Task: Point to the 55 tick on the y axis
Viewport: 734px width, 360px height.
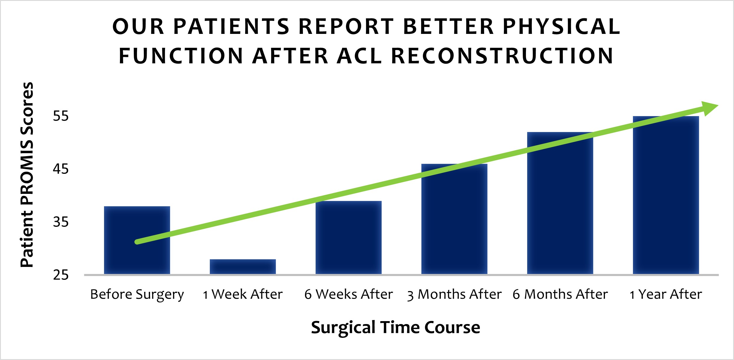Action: [61, 116]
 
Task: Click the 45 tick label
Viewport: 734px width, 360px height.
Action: [61, 169]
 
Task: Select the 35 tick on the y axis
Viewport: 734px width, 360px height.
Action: [61, 222]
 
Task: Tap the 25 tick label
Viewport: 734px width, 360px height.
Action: [61, 275]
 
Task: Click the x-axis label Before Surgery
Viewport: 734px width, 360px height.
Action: [137, 294]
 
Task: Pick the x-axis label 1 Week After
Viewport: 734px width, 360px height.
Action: [243, 294]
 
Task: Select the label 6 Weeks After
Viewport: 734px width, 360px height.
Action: [348, 294]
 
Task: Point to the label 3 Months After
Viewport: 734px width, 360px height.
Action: [454, 294]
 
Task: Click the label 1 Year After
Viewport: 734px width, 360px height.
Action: [666, 294]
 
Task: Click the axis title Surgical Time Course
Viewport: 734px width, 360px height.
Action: [395, 327]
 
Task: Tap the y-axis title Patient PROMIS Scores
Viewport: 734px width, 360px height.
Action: [27, 174]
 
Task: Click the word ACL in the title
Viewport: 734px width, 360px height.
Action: [359, 56]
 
